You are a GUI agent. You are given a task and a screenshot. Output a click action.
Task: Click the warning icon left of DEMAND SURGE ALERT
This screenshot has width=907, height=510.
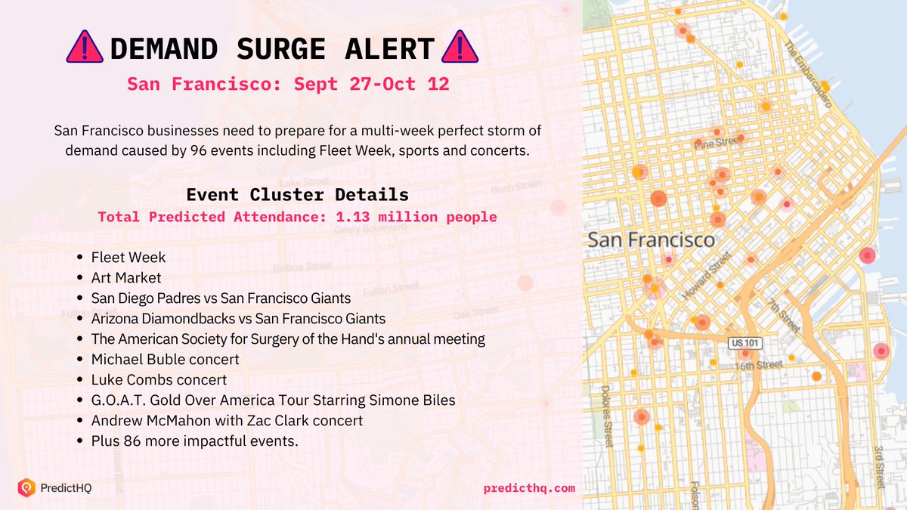click(85, 48)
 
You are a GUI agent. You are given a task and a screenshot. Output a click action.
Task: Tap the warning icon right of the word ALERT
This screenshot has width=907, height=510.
click(459, 48)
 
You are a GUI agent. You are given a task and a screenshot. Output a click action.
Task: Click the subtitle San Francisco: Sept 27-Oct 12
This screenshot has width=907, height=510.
click(288, 84)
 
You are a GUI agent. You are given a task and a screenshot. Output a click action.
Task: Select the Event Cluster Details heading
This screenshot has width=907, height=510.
click(298, 194)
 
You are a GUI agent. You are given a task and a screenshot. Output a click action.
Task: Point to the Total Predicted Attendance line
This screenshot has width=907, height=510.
click(297, 217)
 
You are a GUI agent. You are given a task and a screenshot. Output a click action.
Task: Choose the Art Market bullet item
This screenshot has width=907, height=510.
click(126, 278)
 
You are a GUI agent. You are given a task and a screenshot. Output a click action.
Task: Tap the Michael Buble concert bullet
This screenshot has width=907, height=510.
click(165, 359)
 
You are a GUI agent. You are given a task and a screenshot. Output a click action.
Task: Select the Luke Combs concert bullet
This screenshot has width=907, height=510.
click(159, 379)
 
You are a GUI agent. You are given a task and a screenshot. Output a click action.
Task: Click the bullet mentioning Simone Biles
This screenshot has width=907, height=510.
click(273, 400)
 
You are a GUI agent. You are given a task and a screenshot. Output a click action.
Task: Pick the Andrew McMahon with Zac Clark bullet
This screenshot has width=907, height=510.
click(227, 420)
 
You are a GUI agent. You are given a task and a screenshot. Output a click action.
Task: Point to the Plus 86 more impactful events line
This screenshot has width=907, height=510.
click(195, 440)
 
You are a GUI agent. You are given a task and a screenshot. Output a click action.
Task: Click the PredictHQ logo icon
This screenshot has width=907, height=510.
click(26, 488)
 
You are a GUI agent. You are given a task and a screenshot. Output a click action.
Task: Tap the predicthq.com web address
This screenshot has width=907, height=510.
click(529, 488)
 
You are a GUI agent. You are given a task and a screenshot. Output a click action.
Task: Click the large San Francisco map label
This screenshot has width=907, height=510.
click(651, 240)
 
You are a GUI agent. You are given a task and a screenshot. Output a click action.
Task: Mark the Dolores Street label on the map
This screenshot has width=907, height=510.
click(606, 416)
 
